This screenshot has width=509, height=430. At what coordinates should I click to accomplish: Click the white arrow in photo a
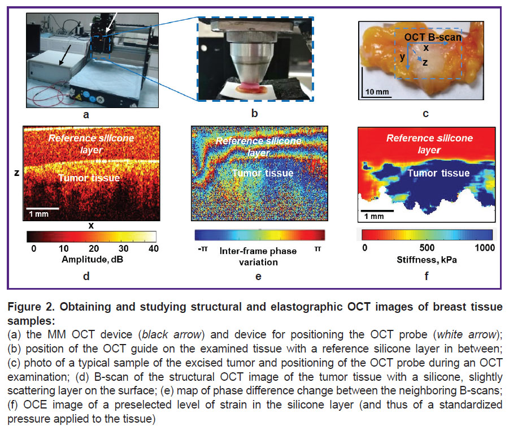click(x=111, y=24)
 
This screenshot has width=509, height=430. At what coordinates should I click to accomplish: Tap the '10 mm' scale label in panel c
click(x=377, y=92)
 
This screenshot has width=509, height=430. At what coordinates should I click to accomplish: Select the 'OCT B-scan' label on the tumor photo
click(x=433, y=37)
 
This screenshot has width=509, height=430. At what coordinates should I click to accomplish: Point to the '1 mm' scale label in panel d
click(x=38, y=214)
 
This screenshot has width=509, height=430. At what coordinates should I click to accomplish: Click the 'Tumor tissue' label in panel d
click(x=89, y=178)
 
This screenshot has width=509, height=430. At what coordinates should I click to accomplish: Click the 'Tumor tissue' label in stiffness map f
click(x=438, y=173)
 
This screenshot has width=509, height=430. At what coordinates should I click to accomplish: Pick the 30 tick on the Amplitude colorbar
click(x=123, y=248)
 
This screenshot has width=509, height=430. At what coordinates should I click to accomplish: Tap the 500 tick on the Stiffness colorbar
click(x=427, y=248)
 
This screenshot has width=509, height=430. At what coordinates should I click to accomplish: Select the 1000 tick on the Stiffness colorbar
click(x=485, y=248)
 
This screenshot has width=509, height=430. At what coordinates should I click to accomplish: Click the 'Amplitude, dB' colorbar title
click(x=93, y=259)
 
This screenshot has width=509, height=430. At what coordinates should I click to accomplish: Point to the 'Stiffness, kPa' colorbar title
click(x=427, y=260)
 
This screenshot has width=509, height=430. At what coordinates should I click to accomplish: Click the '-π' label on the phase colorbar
click(x=203, y=249)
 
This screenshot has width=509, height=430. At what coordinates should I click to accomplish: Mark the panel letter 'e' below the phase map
click(x=258, y=277)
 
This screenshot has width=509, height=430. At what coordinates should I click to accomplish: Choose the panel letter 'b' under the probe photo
click(x=254, y=113)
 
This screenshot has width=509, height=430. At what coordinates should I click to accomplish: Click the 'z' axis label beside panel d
click(x=17, y=173)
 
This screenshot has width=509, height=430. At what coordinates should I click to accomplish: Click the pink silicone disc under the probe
click(x=250, y=86)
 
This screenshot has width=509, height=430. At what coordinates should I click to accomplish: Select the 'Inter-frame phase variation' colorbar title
click(x=258, y=256)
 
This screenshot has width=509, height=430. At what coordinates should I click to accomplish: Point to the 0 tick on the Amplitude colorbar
click(x=34, y=248)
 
